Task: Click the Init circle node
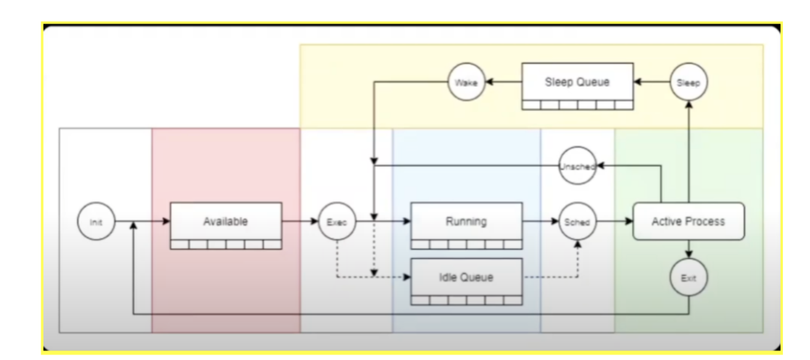coord(96,222)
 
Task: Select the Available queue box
coord(226,223)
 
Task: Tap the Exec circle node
coord(336,222)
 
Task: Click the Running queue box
coord(467,223)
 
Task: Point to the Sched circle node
coord(578,222)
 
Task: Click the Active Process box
coord(689,222)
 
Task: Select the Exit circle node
coord(689,279)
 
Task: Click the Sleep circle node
coord(689,83)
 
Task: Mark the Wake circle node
coord(467,83)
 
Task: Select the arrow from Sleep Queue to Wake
coord(504,83)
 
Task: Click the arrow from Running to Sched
coord(541,222)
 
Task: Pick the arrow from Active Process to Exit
coord(689,250)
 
